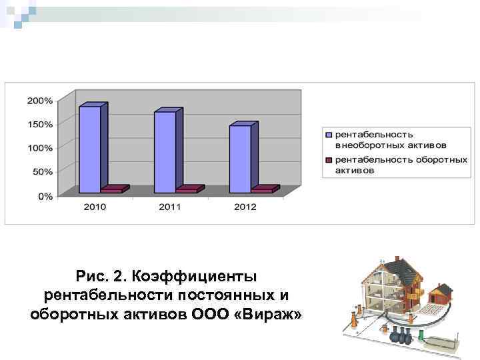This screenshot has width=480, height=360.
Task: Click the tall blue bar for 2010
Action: (x=90, y=148)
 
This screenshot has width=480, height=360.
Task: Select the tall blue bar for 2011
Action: (x=165, y=151)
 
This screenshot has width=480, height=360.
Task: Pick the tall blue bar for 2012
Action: (x=241, y=158)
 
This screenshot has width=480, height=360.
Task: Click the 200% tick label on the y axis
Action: (x=40, y=101)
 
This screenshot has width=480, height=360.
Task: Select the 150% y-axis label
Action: (x=40, y=124)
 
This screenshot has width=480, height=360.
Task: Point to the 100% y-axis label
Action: (x=40, y=147)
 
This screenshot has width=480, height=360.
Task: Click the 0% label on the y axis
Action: (x=45, y=196)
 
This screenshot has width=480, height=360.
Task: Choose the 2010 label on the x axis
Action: (x=95, y=207)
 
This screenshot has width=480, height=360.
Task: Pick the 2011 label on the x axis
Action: (x=170, y=207)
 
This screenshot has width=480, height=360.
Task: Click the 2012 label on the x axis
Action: (x=245, y=207)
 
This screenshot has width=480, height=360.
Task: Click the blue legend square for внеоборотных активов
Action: (x=329, y=135)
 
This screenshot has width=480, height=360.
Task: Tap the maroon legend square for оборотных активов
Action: (x=329, y=160)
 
